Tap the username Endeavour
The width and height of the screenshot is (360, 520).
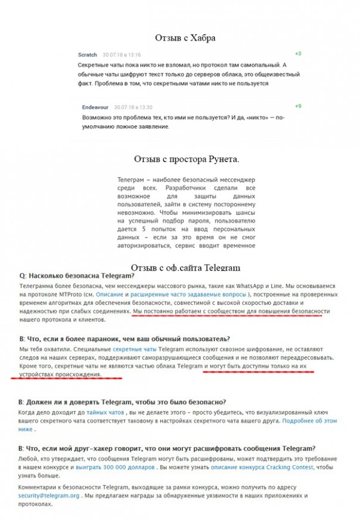coord(95,107)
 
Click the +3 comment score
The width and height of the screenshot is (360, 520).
coord(297,54)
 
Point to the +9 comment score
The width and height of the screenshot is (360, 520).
coord(297,106)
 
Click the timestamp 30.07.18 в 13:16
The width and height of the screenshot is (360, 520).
coord(122,55)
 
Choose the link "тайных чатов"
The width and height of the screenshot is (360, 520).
coord(105,412)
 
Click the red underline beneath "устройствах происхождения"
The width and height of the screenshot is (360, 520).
coord(66,377)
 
